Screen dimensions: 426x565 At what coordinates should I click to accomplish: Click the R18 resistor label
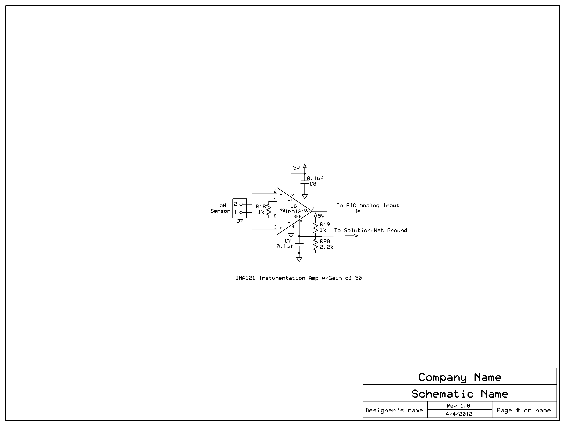point(261,207)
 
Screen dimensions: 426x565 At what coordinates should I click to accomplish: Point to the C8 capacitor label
point(313,184)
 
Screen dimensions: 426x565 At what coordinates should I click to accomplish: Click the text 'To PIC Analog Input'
point(368,206)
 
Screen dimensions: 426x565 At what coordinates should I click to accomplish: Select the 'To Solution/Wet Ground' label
point(371,231)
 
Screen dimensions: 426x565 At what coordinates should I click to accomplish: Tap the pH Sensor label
point(220,208)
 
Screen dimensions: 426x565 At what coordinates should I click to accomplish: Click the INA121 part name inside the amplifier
point(295,212)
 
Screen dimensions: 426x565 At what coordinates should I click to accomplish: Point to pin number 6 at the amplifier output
point(313,209)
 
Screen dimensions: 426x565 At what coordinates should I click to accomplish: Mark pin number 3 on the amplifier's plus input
point(275,227)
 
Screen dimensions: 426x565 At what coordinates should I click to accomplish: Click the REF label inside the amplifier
point(297,217)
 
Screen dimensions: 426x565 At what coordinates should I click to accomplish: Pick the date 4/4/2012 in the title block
point(459,414)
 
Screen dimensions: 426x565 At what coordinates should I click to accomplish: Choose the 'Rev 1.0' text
point(458,406)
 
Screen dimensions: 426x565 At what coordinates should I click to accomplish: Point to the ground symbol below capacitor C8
point(305,197)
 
